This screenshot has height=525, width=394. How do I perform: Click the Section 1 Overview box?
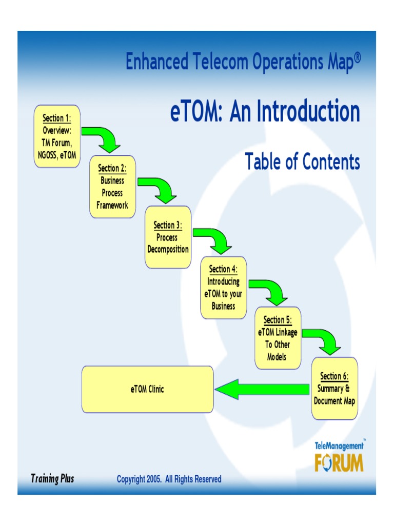pyautogui.click(x=57, y=136)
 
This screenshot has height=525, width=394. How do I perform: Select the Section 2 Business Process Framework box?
pyautogui.click(x=112, y=187)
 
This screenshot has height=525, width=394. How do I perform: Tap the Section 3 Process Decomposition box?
pyautogui.click(x=168, y=237)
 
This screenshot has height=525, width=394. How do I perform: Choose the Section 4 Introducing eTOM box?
pyautogui.click(x=223, y=287)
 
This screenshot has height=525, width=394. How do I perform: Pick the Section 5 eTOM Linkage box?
pyautogui.click(x=278, y=338)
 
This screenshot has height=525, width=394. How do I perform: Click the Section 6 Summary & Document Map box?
pyautogui.click(x=334, y=388)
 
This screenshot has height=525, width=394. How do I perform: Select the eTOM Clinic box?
pyautogui.click(x=147, y=389)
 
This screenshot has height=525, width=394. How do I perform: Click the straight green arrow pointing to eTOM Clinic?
pyautogui.click(x=262, y=390)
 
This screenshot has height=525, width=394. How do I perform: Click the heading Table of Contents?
pyautogui.click(x=302, y=161)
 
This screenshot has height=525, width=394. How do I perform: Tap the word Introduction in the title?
pyautogui.click(x=308, y=111)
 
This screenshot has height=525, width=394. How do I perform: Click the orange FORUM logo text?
pyautogui.click(x=339, y=462)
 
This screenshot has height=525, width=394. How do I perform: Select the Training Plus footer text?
pyautogui.click(x=52, y=479)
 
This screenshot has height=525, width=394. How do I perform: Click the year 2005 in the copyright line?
pyautogui.click(x=153, y=479)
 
